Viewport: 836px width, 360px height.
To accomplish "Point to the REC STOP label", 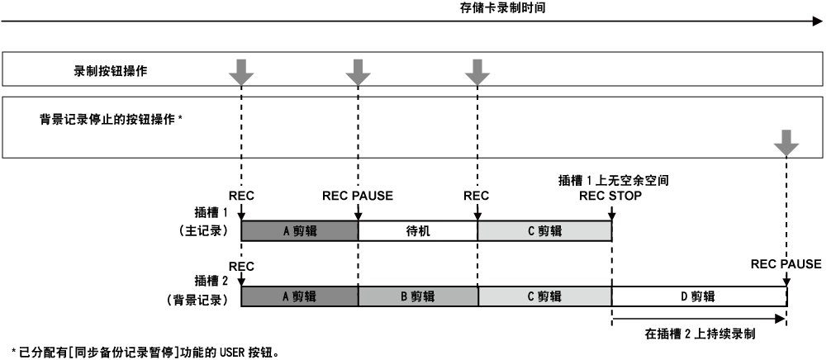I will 611,197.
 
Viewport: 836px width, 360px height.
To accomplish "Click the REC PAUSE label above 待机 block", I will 358,197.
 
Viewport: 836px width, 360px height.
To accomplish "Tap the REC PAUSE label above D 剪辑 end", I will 786,264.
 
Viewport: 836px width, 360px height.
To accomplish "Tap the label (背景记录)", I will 197,297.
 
